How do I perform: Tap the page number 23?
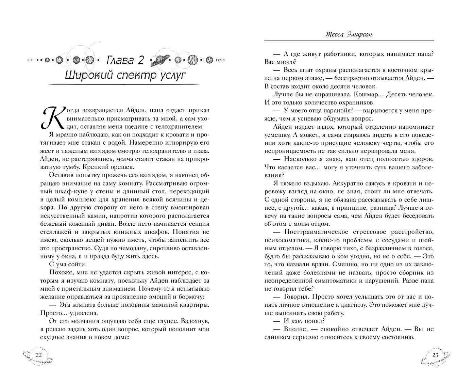point(436,355)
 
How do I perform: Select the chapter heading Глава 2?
point(124,60)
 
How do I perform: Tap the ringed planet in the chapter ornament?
point(161,60)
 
